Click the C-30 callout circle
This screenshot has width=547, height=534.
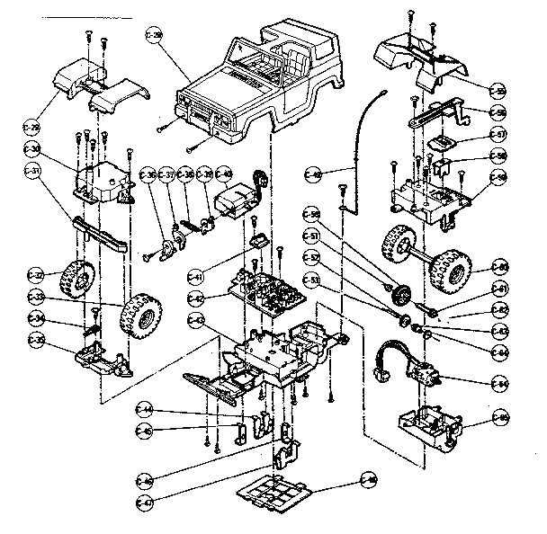[34, 149]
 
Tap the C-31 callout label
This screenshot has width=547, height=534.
[34, 172]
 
